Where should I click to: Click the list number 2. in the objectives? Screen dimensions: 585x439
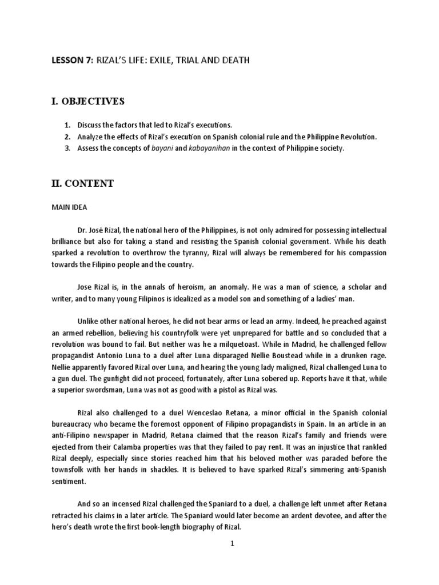[x=67, y=137]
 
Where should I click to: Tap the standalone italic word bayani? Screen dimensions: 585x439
[x=170, y=149]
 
